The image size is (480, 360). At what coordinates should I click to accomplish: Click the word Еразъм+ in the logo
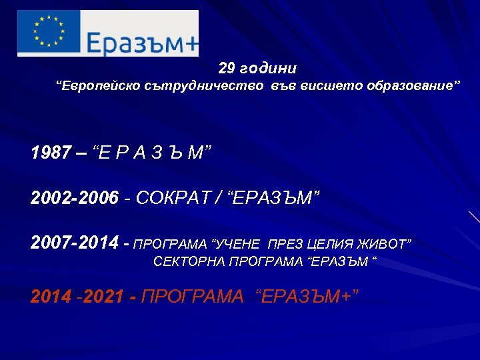pos(142,43)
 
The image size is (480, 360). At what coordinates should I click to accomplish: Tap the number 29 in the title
pos(227,69)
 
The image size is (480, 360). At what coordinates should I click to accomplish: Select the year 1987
pos(49,154)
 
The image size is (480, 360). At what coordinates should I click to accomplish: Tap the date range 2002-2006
pos(75,198)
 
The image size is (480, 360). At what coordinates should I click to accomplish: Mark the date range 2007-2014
pos(75,243)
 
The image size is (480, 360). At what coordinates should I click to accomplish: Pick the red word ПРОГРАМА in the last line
pos(194,297)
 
